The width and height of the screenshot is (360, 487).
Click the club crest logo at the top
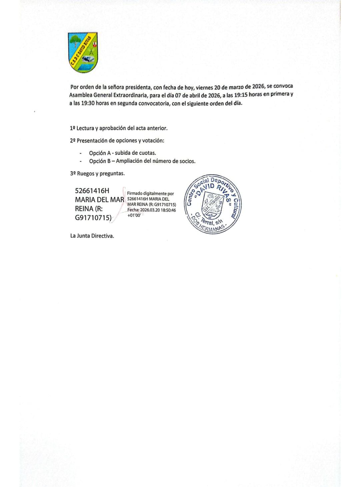83,52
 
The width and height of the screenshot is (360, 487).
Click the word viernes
204,87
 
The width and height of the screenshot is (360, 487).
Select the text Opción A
100,153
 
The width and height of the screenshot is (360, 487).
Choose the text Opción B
100,161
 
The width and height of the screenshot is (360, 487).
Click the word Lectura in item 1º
85,128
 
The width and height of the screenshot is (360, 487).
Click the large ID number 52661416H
92,191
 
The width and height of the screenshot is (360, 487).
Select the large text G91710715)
93,219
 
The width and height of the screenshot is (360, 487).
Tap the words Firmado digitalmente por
151,194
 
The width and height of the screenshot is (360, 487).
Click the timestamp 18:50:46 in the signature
167,210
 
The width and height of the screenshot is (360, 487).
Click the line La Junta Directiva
92,236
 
